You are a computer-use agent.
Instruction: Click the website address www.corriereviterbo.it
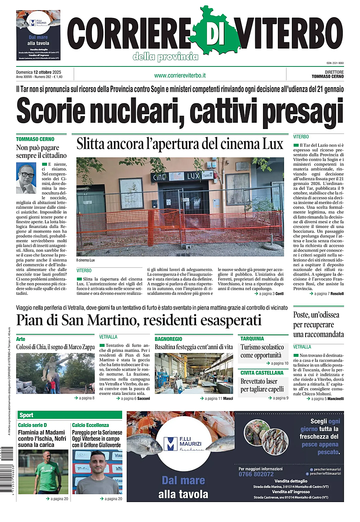[180, 75]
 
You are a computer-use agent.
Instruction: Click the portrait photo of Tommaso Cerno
[26, 178]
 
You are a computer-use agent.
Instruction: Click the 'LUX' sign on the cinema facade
[193, 176]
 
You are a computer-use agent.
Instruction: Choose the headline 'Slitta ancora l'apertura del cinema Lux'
[179, 144]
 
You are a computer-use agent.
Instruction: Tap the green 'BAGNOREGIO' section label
[168, 339]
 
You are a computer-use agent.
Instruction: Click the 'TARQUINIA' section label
[252, 339]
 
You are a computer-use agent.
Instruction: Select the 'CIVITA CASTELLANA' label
[262, 373]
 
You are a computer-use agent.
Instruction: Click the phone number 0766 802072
[256, 474]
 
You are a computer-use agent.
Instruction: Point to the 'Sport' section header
[27, 415]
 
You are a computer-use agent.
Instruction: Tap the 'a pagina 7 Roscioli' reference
[326, 294]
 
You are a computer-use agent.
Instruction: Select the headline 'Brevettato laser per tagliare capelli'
[262, 385]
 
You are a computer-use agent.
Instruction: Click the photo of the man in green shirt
[43, 472]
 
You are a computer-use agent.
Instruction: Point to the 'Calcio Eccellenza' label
[90, 425]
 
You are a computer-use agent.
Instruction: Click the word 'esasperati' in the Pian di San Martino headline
[230, 320]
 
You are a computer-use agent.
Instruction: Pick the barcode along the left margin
[9, 469]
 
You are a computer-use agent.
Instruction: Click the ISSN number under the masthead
[335, 63]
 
